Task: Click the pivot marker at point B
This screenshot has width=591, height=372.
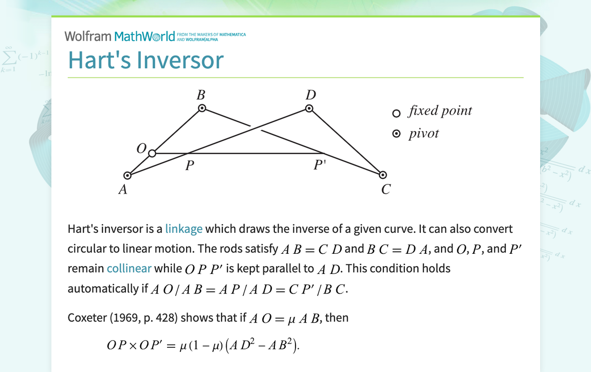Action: point(202,108)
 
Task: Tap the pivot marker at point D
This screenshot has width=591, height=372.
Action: point(309,108)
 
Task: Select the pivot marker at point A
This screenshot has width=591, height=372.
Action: point(127,175)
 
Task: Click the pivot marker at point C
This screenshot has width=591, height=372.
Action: point(383,175)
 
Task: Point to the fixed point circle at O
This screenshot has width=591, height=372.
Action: point(152,153)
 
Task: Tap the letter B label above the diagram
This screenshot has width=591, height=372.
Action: point(201,95)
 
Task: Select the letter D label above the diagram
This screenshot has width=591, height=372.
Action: point(310,95)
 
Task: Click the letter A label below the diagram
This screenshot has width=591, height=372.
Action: point(123,190)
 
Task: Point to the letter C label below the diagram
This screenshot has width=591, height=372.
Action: point(386,190)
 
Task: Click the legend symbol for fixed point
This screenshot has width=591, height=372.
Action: point(396,113)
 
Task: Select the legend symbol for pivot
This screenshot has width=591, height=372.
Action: point(396,134)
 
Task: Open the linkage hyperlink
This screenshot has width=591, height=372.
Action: point(183,229)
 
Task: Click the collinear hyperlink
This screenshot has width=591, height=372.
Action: point(129,268)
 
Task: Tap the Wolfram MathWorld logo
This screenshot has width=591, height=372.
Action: point(120,36)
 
